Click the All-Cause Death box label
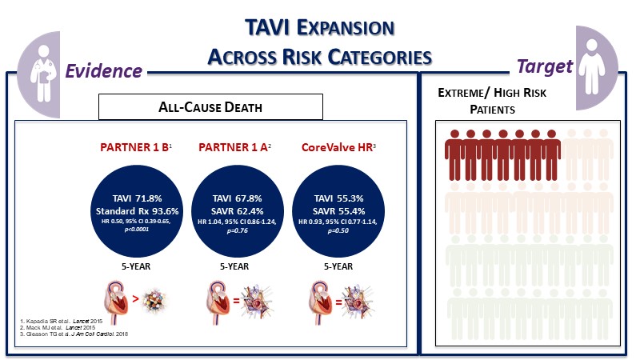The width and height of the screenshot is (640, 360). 210,106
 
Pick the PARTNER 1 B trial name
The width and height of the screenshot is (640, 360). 134,149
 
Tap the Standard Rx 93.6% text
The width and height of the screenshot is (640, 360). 134,210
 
